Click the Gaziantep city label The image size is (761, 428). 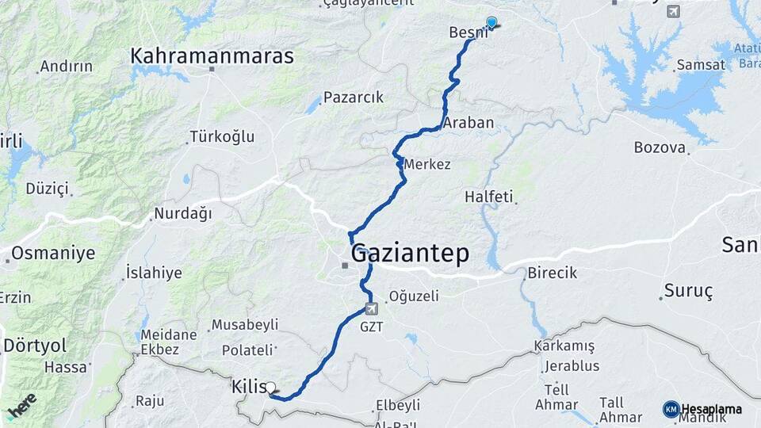(410, 254)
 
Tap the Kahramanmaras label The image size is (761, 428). (212, 56)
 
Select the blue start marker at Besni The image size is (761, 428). (491, 23)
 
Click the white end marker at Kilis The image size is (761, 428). (270, 388)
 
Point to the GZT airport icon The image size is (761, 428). (371, 308)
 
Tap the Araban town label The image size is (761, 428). (468, 123)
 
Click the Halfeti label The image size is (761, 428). (489, 196)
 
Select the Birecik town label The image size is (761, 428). (552, 273)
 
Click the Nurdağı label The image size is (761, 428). (183, 213)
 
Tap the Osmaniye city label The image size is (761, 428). (53, 254)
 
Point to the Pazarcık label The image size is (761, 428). (354, 97)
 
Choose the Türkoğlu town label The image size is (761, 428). (222, 137)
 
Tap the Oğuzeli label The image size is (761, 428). (412, 296)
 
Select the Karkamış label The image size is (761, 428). (564, 346)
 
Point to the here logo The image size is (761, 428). (22, 406)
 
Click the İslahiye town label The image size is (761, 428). (154, 273)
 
